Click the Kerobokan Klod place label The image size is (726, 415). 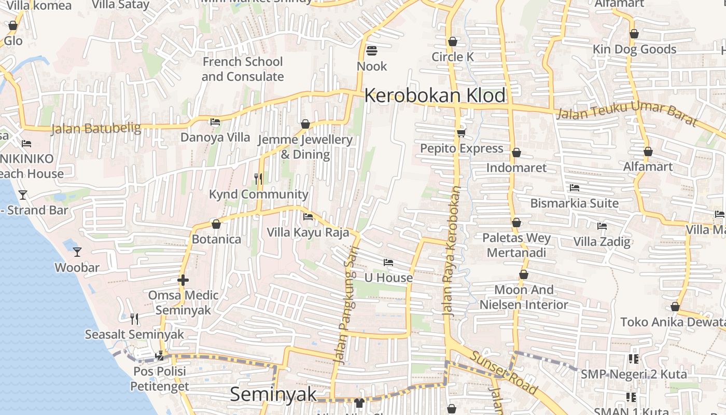(435, 96)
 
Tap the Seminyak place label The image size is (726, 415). (273, 394)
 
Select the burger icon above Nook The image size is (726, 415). (372, 51)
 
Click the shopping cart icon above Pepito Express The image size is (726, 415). (461, 133)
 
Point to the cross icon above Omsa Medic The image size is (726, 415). (183, 280)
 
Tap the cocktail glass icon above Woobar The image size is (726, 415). (77, 252)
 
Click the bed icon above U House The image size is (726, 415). (388, 262)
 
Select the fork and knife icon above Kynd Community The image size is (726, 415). (258, 179)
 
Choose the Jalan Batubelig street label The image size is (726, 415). (96, 128)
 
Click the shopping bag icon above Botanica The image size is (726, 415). (216, 224)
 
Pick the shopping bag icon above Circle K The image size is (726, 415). (453, 41)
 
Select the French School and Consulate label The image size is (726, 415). (243, 69)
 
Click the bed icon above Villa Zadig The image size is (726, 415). (602, 226)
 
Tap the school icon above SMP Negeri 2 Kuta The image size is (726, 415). (633, 358)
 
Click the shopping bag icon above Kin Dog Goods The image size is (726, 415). (634, 34)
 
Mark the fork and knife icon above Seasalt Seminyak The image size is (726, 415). (134, 319)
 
